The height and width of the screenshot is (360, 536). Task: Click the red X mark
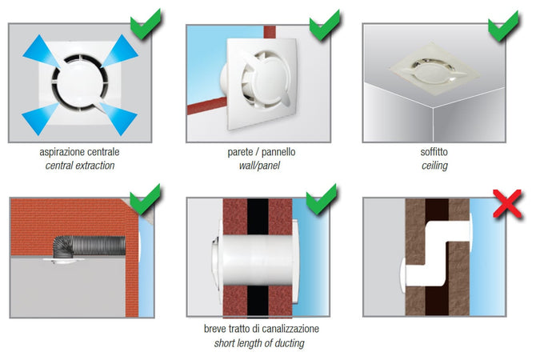(x=507, y=204)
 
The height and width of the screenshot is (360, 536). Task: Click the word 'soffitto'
(x=434, y=152)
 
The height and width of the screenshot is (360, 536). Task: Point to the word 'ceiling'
(x=434, y=166)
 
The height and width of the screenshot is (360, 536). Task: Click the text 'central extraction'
(x=80, y=166)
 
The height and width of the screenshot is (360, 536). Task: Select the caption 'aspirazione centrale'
(x=79, y=152)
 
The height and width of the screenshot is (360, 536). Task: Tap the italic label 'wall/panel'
(x=259, y=166)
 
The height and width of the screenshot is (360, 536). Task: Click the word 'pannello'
(x=278, y=152)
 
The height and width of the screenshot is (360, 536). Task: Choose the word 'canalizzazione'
(x=290, y=329)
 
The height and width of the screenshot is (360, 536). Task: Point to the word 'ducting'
(x=289, y=343)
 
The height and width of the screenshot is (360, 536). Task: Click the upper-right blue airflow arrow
(x=119, y=50)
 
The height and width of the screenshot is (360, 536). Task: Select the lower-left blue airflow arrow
(x=41, y=118)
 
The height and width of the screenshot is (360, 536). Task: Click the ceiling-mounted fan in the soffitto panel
(x=434, y=70)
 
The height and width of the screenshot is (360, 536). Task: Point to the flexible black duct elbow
(x=63, y=247)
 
